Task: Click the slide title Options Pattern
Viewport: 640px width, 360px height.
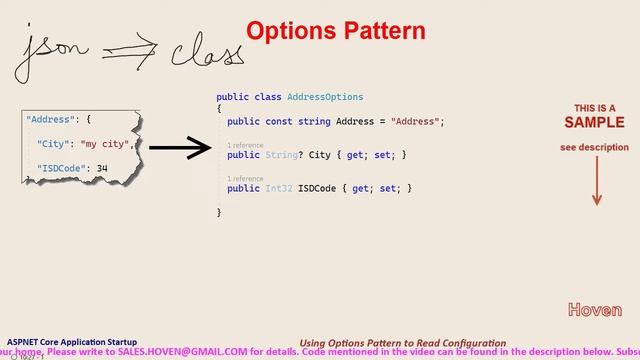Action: click(x=336, y=30)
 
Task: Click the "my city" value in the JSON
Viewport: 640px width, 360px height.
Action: click(x=105, y=144)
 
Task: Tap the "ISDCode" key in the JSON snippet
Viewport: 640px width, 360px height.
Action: click(x=59, y=168)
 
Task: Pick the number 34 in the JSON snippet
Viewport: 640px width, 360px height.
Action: click(x=102, y=168)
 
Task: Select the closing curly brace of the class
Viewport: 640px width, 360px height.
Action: click(x=219, y=212)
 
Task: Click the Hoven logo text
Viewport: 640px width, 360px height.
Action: click(x=594, y=310)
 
